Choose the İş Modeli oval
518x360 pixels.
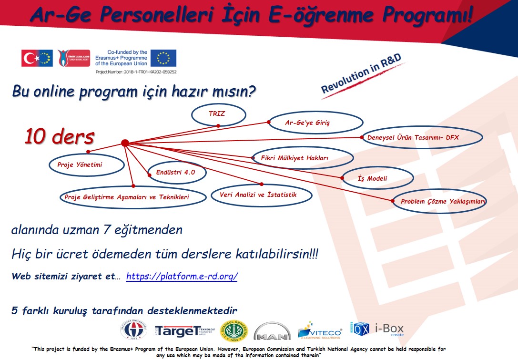coord(377,178)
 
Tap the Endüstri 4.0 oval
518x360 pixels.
coord(175,173)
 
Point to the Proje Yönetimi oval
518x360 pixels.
coord(86,165)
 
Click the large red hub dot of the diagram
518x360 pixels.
coord(125,143)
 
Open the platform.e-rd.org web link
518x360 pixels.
coord(182,277)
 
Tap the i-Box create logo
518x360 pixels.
coord(377,329)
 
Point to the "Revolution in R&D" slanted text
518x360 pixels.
coord(361,74)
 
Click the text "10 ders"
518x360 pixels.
coord(59,137)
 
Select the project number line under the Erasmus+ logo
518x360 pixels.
coord(136,72)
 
